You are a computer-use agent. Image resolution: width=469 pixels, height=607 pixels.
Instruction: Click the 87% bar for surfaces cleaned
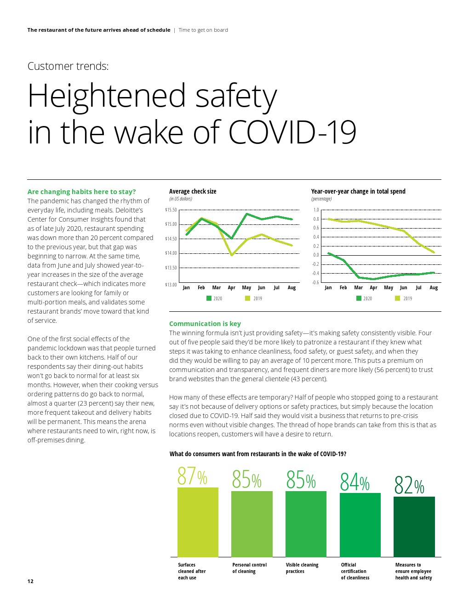[198, 522]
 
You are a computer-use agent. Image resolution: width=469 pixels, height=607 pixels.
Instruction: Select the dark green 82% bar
[414, 527]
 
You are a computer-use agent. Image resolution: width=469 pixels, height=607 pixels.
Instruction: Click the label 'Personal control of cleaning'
[249, 568]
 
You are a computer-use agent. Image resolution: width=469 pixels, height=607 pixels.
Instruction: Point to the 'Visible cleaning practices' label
[302, 568]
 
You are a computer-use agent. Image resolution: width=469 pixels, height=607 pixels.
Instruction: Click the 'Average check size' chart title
[193, 191]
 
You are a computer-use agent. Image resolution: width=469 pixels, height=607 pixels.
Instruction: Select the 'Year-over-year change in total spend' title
[358, 191]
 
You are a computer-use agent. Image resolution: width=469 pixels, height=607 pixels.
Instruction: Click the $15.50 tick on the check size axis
[171, 210]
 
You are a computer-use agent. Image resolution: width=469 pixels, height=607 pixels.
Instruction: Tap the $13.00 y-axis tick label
[171, 285]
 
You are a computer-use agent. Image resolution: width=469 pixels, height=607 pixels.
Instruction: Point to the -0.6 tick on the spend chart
[315, 282]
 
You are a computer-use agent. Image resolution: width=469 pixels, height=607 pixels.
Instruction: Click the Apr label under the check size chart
[231, 288]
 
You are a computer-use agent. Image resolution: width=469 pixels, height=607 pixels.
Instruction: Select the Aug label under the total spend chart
[433, 288]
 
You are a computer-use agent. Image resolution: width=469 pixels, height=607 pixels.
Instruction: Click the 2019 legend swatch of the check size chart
[247, 298]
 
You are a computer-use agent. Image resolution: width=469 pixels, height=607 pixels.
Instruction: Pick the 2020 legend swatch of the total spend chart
[359, 298]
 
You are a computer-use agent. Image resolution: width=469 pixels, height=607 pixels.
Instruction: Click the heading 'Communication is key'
[205, 324]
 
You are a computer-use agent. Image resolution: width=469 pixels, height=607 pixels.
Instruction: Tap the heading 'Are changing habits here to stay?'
[81, 192]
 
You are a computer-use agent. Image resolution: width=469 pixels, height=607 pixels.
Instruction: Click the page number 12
[30, 581]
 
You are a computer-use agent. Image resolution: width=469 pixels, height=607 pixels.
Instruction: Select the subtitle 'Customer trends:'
[68, 66]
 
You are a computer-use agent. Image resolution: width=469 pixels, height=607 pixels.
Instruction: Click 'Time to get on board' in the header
[203, 30]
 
